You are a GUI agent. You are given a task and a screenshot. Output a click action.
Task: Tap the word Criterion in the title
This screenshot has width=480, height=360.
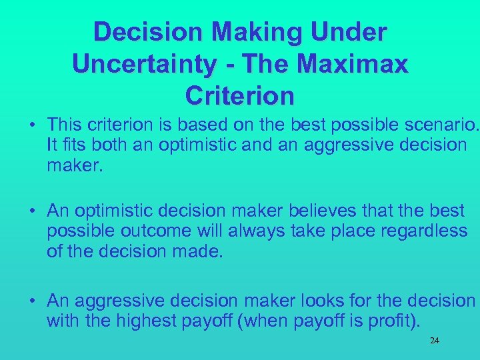239,95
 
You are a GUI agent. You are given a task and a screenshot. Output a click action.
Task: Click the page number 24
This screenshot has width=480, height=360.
434,341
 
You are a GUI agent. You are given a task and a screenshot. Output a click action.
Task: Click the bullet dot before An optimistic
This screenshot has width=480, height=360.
32,212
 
